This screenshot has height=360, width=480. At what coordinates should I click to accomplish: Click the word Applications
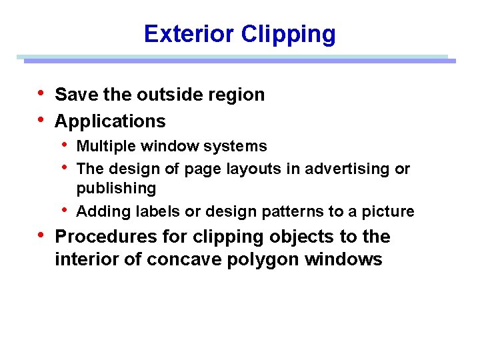[110, 121]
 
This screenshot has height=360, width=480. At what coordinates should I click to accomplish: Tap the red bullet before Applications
[42, 119]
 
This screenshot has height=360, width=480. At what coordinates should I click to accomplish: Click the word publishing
[116, 189]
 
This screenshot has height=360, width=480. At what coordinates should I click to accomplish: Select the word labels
[153, 211]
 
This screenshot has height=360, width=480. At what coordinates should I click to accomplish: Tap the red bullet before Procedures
[42, 235]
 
